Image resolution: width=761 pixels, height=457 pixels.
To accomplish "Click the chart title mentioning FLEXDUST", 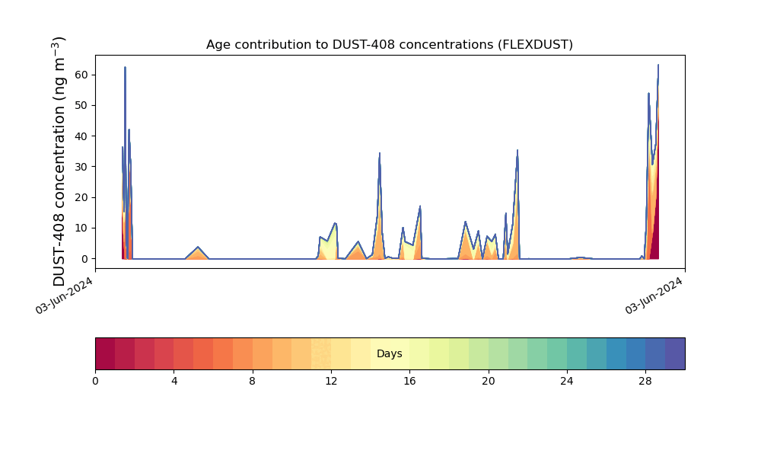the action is pyautogui.click(x=389, y=45).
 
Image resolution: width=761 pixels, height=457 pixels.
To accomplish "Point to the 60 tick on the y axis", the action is pyautogui.click(x=81, y=75).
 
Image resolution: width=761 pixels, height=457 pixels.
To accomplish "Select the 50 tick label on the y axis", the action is pyautogui.click(x=81, y=105).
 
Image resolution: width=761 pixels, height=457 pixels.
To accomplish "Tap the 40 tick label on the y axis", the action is pyautogui.click(x=81, y=136).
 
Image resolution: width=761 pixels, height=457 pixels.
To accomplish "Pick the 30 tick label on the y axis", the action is pyautogui.click(x=81, y=167).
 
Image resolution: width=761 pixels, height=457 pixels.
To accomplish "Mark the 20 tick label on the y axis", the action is pyautogui.click(x=81, y=197).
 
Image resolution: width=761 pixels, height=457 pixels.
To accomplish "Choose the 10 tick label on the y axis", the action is pyautogui.click(x=81, y=228).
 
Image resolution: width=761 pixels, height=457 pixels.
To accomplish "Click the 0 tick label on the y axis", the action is pyautogui.click(x=85, y=259).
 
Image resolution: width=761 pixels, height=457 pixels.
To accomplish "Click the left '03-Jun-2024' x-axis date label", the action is pyautogui.click(x=64, y=296).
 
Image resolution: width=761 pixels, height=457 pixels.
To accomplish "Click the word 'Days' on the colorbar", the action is pyautogui.click(x=389, y=353).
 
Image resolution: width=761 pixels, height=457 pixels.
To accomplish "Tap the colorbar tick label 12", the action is pyautogui.click(x=331, y=382).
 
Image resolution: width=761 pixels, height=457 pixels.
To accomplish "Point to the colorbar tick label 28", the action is pyautogui.click(x=645, y=382).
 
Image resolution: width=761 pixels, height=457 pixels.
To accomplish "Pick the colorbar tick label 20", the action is pyautogui.click(x=489, y=382).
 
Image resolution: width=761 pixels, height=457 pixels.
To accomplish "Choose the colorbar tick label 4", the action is pyautogui.click(x=174, y=382).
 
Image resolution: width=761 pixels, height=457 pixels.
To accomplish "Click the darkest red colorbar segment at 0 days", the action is pyautogui.click(x=105, y=353).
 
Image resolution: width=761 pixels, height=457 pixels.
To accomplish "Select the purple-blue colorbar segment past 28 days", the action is pyautogui.click(x=675, y=353).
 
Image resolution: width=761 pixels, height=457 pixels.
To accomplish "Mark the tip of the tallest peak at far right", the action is pyautogui.click(x=658, y=65).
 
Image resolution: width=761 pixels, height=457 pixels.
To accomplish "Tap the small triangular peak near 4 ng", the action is pyautogui.click(x=198, y=248).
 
